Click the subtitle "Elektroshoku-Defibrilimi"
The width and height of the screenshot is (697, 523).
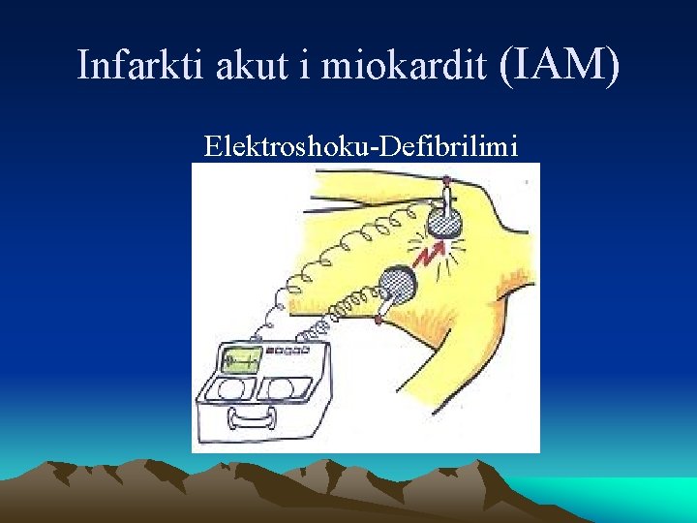point(361,146)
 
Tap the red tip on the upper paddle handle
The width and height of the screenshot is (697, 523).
point(446,180)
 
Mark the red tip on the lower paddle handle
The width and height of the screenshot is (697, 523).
point(378,319)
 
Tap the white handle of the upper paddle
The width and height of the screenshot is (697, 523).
point(446,199)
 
